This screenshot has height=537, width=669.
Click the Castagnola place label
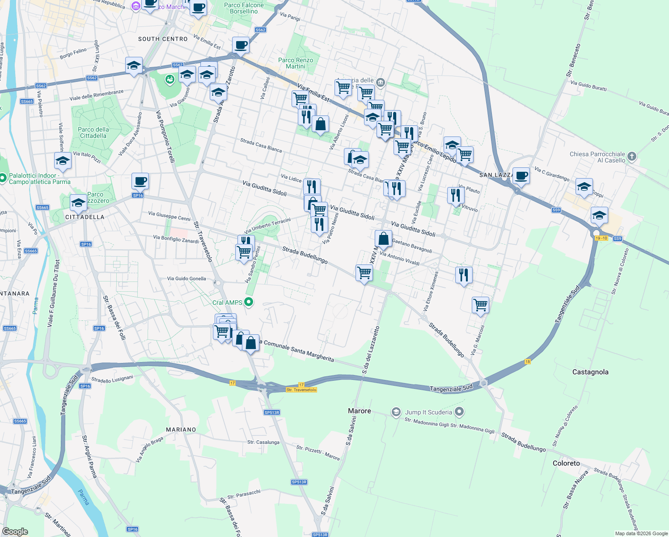590,372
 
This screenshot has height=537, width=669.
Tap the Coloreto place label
566,463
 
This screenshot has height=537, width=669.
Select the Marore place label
360,411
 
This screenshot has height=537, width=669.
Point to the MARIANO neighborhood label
181,430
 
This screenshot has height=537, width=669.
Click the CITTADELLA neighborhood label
85,217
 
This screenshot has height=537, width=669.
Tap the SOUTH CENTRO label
163,39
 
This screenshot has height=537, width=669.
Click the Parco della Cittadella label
93,132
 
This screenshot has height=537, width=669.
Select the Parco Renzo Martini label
296,63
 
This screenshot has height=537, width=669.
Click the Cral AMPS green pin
249,303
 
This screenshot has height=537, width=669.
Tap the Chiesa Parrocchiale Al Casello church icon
631,156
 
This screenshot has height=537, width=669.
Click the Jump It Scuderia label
428,412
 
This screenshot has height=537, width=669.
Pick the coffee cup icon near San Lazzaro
521,175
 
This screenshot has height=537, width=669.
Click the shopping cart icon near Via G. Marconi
480,305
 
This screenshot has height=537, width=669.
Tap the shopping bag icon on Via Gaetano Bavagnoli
383,239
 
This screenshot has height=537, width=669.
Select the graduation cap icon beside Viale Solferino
63,161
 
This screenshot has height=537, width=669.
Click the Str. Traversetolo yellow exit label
301,390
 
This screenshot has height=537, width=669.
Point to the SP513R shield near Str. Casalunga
272,413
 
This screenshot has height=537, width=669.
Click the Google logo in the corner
15,532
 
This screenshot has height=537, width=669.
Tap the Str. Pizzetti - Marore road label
318,452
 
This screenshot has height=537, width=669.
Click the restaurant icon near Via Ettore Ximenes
464,275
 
